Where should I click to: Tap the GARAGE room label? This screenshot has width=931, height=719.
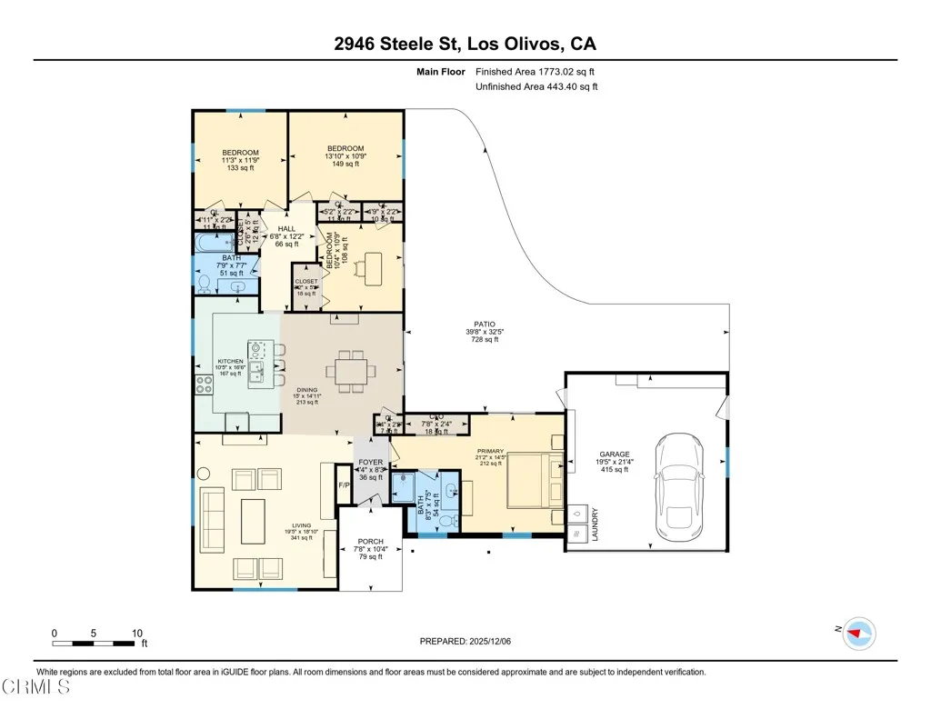(x=614, y=454)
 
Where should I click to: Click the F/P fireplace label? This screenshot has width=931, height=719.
(x=344, y=484)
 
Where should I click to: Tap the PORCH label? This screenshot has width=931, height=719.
(x=370, y=542)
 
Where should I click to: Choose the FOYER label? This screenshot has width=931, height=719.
(x=370, y=462)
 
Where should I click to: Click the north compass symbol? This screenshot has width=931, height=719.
(x=857, y=633)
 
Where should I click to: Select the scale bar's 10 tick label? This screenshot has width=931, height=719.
(x=136, y=633)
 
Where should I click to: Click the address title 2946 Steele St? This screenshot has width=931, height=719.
(x=465, y=44)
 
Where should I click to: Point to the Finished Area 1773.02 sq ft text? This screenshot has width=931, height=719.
(x=536, y=71)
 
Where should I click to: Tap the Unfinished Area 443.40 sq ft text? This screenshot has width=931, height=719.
(x=536, y=86)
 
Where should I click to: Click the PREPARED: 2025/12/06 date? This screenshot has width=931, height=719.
(x=465, y=641)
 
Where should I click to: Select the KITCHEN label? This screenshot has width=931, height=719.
(x=230, y=361)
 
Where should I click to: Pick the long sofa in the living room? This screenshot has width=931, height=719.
(x=213, y=519)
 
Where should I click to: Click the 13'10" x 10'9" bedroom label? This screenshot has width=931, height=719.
(x=345, y=148)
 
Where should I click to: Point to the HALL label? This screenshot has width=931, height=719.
(x=286, y=229)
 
